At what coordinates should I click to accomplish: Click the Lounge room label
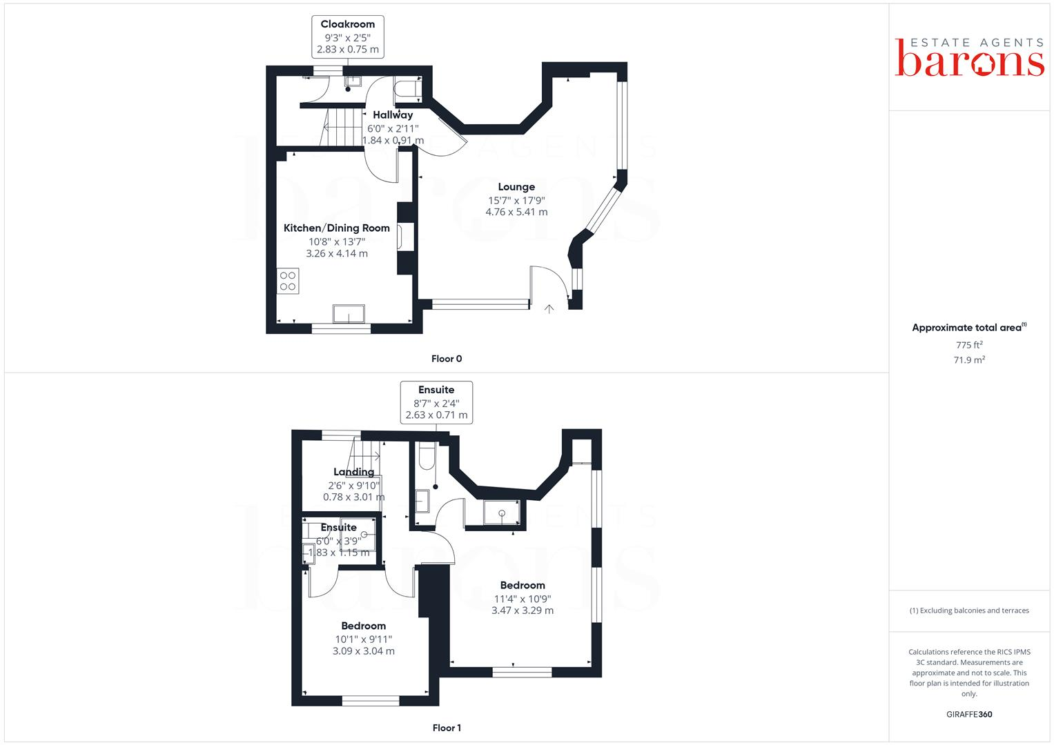click(516, 187)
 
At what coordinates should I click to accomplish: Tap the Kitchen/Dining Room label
click(337, 228)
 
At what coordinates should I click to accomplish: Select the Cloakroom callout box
click(347, 37)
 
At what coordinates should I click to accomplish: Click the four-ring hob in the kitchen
click(288, 281)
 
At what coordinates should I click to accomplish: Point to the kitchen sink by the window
click(349, 313)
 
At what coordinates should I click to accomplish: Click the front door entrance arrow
click(549, 308)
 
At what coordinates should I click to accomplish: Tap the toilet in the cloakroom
click(406, 89)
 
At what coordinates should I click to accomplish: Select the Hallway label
click(393, 115)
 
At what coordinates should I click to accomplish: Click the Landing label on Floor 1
click(354, 473)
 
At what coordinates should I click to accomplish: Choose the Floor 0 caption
click(447, 359)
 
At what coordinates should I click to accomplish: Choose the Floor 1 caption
click(447, 728)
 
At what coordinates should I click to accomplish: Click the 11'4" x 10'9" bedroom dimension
click(523, 599)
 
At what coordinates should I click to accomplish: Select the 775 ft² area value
click(969, 345)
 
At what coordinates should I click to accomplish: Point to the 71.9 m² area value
click(969, 360)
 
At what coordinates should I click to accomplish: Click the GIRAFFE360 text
click(969, 715)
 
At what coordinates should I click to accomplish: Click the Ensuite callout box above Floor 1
click(436, 402)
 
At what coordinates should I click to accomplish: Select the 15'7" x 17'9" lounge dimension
click(516, 200)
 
